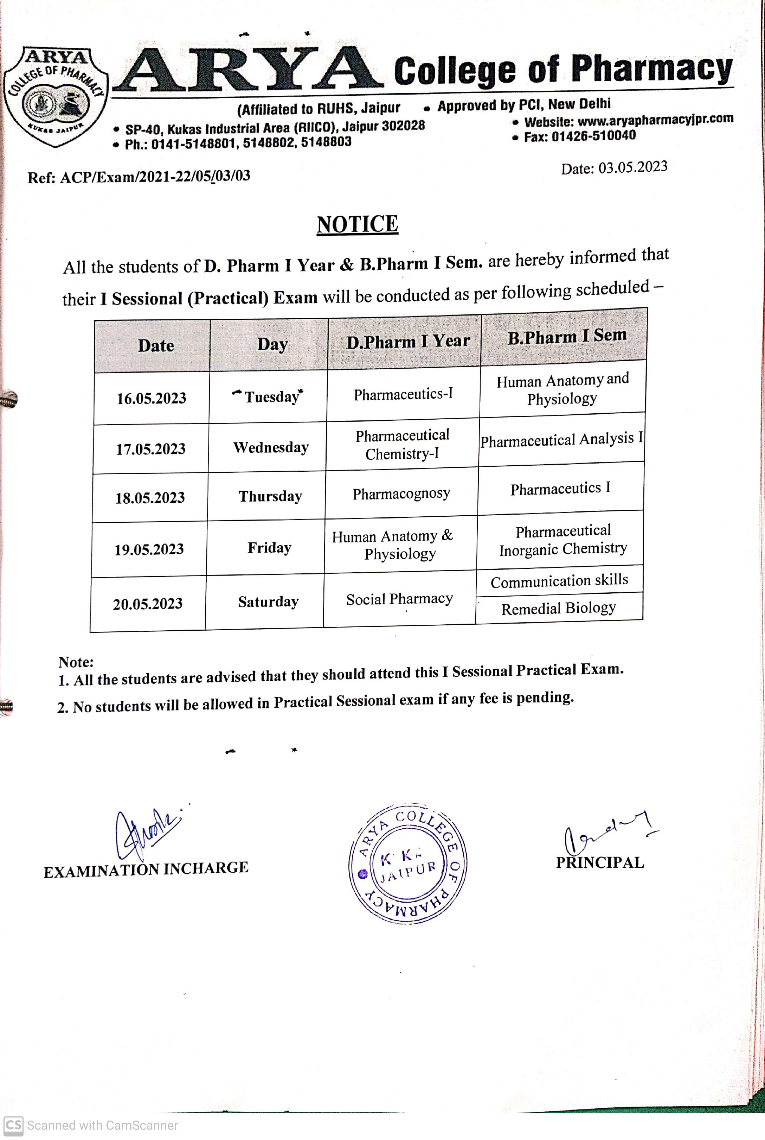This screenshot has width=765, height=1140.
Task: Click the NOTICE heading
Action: [x=357, y=224]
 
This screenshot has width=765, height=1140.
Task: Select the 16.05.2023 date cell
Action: [x=151, y=398]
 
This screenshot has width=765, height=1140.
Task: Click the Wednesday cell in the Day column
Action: [x=271, y=447]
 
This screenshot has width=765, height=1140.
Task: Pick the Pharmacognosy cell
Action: [x=401, y=494]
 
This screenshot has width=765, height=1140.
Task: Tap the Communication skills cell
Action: [x=559, y=581]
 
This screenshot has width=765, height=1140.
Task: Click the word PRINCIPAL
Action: [x=600, y=863]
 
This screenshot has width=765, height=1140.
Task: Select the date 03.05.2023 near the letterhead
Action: [x=632, y=167]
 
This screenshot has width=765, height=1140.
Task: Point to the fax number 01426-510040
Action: [x=593, y=136]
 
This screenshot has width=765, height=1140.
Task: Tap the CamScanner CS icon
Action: [x=13, y=1125]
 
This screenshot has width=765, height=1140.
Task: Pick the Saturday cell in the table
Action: [x=268, y=602]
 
